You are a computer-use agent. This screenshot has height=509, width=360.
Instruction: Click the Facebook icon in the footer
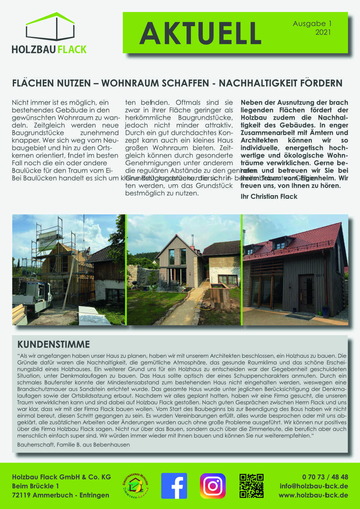click(174, 486)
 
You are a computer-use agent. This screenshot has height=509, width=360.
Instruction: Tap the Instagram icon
click(213, 486)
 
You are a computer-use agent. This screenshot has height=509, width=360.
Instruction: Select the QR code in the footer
click(252, 486)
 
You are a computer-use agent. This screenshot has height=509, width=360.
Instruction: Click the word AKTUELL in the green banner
click(200, 33)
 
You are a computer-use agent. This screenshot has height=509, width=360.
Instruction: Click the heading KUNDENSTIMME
click(53, 344)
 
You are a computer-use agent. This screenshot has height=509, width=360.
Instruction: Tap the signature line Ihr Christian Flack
click(269, 197)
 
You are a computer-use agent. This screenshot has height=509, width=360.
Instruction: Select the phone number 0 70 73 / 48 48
click(325, 477)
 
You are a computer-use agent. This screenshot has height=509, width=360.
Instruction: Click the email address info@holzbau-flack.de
click(314, 486)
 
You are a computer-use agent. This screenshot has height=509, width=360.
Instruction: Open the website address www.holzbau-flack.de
click(313, 495)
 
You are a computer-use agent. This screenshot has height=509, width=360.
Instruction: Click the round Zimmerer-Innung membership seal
click(135, 486)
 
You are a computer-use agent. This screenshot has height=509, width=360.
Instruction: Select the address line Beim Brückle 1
click(35, 486)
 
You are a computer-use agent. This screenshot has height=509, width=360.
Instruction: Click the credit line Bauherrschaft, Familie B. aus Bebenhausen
click(73, 445)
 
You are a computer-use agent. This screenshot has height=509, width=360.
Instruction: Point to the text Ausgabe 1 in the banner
click(312, 24)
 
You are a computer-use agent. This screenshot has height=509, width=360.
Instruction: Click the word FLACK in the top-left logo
click(72, 50)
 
